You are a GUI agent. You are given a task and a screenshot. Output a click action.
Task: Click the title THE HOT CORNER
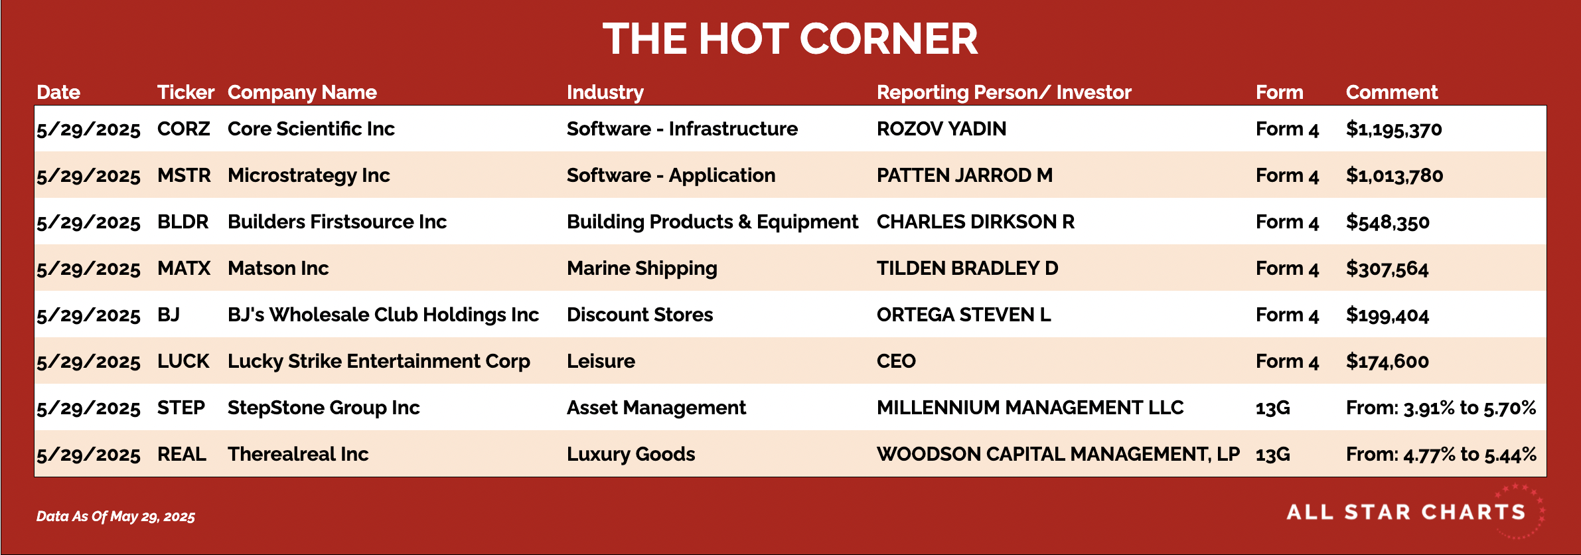coord(790,39)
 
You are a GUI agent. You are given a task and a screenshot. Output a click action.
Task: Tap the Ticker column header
coord(186,92)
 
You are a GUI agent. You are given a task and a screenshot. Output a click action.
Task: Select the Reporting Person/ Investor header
coord(1004,92)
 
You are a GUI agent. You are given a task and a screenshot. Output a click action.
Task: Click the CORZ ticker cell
coord(184,129)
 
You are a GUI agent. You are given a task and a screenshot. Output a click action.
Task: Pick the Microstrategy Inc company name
coord(309,176)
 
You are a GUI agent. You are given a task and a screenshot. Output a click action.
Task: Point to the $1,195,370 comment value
coord(1394,129)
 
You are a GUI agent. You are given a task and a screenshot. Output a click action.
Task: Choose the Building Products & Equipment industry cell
coord(712,222)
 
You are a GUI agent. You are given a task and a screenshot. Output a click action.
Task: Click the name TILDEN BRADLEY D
coord(968,268)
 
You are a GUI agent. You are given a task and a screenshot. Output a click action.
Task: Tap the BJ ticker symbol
coord(169,315)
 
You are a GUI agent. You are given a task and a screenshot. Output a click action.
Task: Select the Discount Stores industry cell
coord(640,315)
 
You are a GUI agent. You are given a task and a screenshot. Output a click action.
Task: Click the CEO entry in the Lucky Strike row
coord(896,361)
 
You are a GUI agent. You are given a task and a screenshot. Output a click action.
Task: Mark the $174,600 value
coord(1387,362)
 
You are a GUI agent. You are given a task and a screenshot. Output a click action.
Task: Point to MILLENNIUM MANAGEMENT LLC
coord(1030,408)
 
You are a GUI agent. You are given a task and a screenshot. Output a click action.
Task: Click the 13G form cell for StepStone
coord(1273,408)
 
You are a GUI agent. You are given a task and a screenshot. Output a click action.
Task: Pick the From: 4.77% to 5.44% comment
coord(1441,455)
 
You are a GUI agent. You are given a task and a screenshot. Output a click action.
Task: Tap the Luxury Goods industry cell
coord(631,455)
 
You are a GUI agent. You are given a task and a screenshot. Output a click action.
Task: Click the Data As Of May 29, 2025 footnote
coord(115,516)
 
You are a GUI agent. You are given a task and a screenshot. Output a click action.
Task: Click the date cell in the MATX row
coord(88,269)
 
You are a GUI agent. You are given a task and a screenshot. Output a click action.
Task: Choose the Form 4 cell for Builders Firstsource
coord(1287,222)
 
